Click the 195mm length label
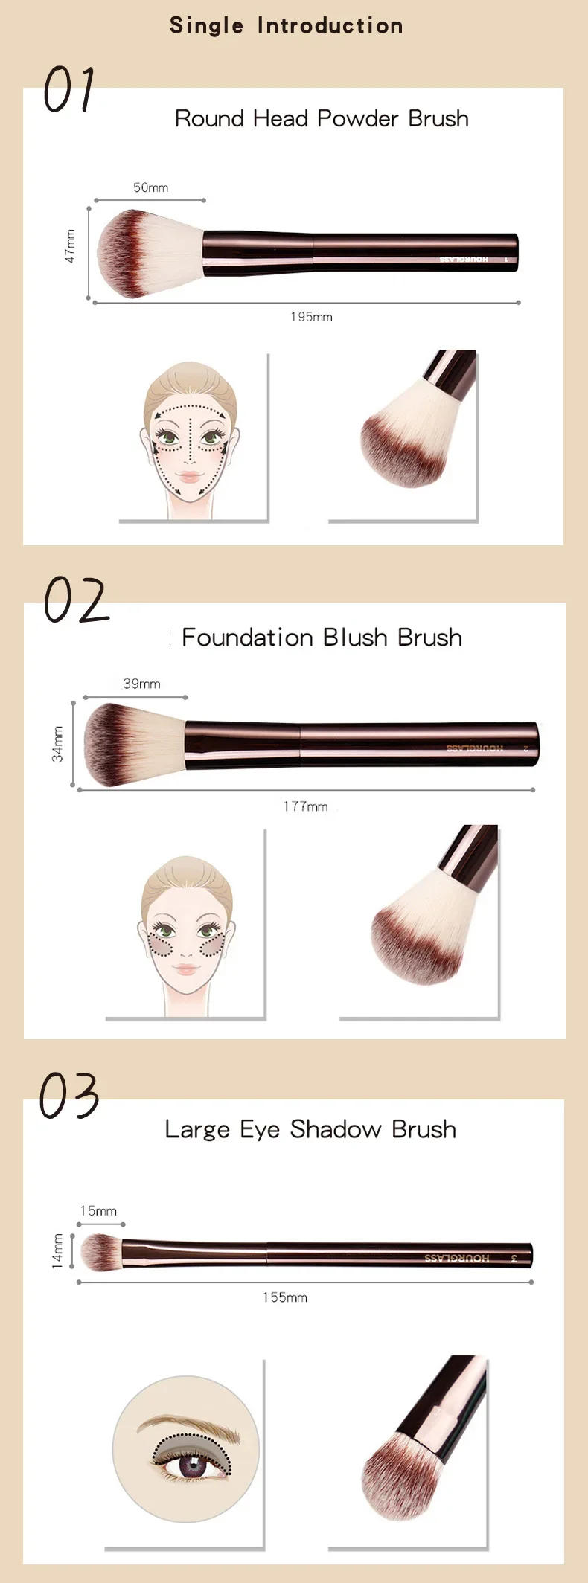pos(311,317)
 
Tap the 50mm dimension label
pos(150,187)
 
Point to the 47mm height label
pos(70,246)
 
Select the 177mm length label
pos(305,806)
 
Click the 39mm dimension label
pos(141,684)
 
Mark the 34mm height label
pos(57,744)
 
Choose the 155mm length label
pos(284,1297)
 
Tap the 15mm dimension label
pos(98,1211)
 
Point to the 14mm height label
pos(57,1251)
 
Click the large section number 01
pos(68,90)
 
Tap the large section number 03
pos(69,1096)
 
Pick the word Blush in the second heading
pos(355,638)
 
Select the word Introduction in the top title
pos(330,26)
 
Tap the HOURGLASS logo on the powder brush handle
pos(464,260)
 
